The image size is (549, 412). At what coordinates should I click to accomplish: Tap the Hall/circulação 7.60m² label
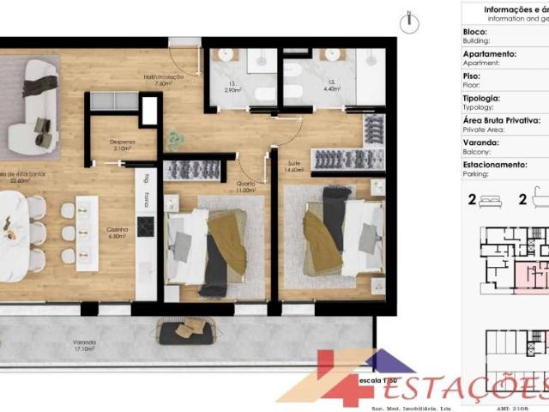click(x=160, y=82)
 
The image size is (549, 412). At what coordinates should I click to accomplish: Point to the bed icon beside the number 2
click(x=490, y=202)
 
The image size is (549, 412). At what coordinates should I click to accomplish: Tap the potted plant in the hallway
click(x=176, y=138)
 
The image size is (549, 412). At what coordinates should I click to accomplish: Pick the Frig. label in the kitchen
click(x=147, y=179)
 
